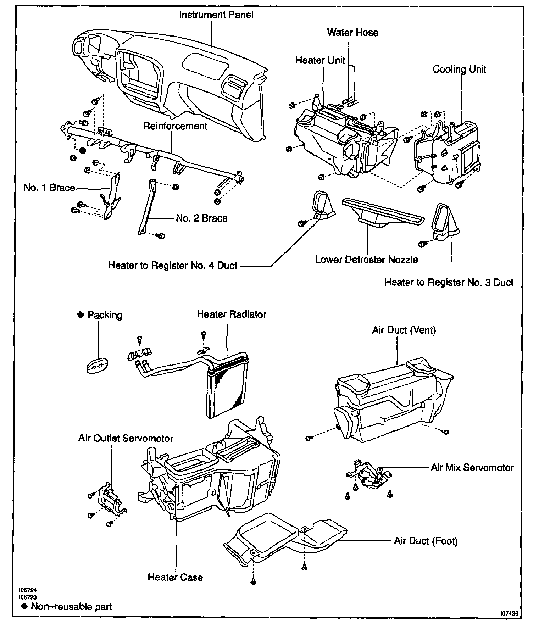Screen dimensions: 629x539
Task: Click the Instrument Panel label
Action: point(216,15)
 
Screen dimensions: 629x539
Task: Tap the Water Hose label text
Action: point(352,33)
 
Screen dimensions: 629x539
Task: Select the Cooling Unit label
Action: point(459,69)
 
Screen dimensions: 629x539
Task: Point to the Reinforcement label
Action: point(175,126)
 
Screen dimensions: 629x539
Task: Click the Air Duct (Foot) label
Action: point(426,541)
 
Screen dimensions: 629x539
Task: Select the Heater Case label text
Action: point(175,578)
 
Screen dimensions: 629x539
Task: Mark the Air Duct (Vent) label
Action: point(404,330)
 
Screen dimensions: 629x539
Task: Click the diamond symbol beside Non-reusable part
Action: point(24,606)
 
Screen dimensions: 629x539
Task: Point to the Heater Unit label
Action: point(320,60)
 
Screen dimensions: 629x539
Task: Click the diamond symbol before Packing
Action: point(80,314)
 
